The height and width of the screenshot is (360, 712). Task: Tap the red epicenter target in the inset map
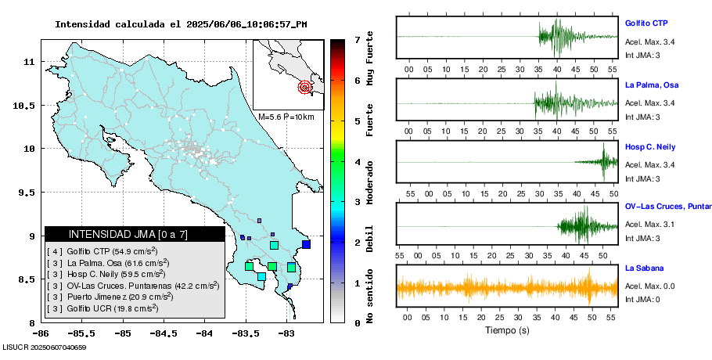[x=304, y=87]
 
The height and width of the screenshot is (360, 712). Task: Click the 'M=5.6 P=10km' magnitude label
[x=286, y=117]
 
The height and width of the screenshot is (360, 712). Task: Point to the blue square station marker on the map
[x=306, y=245]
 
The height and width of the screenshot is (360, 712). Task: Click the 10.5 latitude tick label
[x=27, y=106]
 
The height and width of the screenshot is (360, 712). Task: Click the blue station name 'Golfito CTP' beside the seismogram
[x=645, y=23]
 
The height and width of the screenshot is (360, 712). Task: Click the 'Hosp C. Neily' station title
[x=650, y=146]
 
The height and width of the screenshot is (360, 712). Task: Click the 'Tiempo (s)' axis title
[x=506, y=330]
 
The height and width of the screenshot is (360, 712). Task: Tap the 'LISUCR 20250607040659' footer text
[x=45, y=347]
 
